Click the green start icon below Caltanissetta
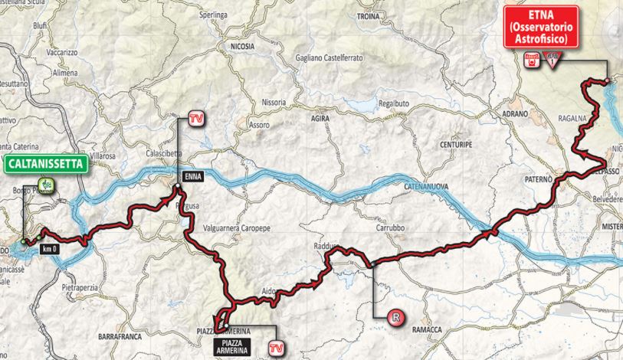(x=47, y=185)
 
